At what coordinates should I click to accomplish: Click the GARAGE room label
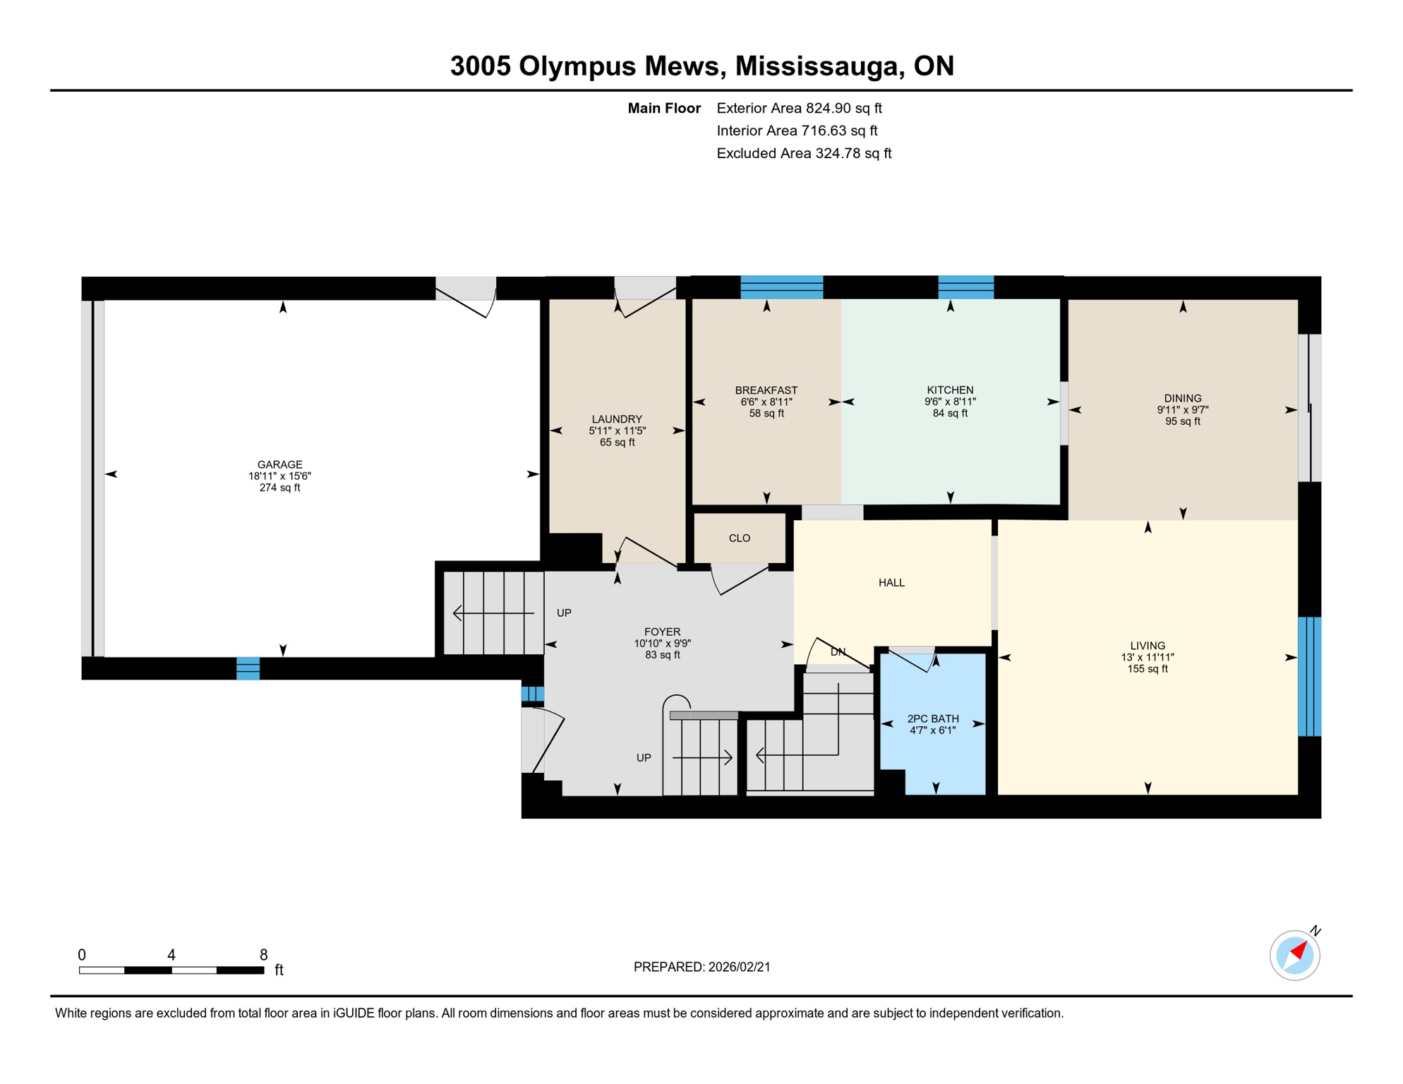(x=279, y=464)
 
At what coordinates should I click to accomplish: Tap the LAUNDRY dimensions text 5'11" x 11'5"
(x=617, y=430)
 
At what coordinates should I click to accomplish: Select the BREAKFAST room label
(x=766, y=390)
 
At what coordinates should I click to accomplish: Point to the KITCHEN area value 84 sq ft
(x=950, y=414)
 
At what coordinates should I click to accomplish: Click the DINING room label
(x=1182, y=398)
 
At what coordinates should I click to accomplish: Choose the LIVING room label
(x=1147, y=646)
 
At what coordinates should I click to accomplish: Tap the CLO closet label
(x=739, y=538)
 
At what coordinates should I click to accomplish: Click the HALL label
(x=891, y=583)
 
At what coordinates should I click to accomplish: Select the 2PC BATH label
(x=932, y=718)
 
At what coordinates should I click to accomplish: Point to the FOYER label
(x=662, y=632)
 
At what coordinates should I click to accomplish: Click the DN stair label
(x=838, y=652)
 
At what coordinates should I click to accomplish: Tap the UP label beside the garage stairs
(x=564, y=613)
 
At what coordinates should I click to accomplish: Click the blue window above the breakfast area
(x=781, y=287)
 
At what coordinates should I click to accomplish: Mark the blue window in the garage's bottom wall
(x=248, y=668)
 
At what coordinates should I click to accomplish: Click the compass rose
(x=1294, y=956)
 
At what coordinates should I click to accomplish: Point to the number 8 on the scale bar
(x=263, y=955)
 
